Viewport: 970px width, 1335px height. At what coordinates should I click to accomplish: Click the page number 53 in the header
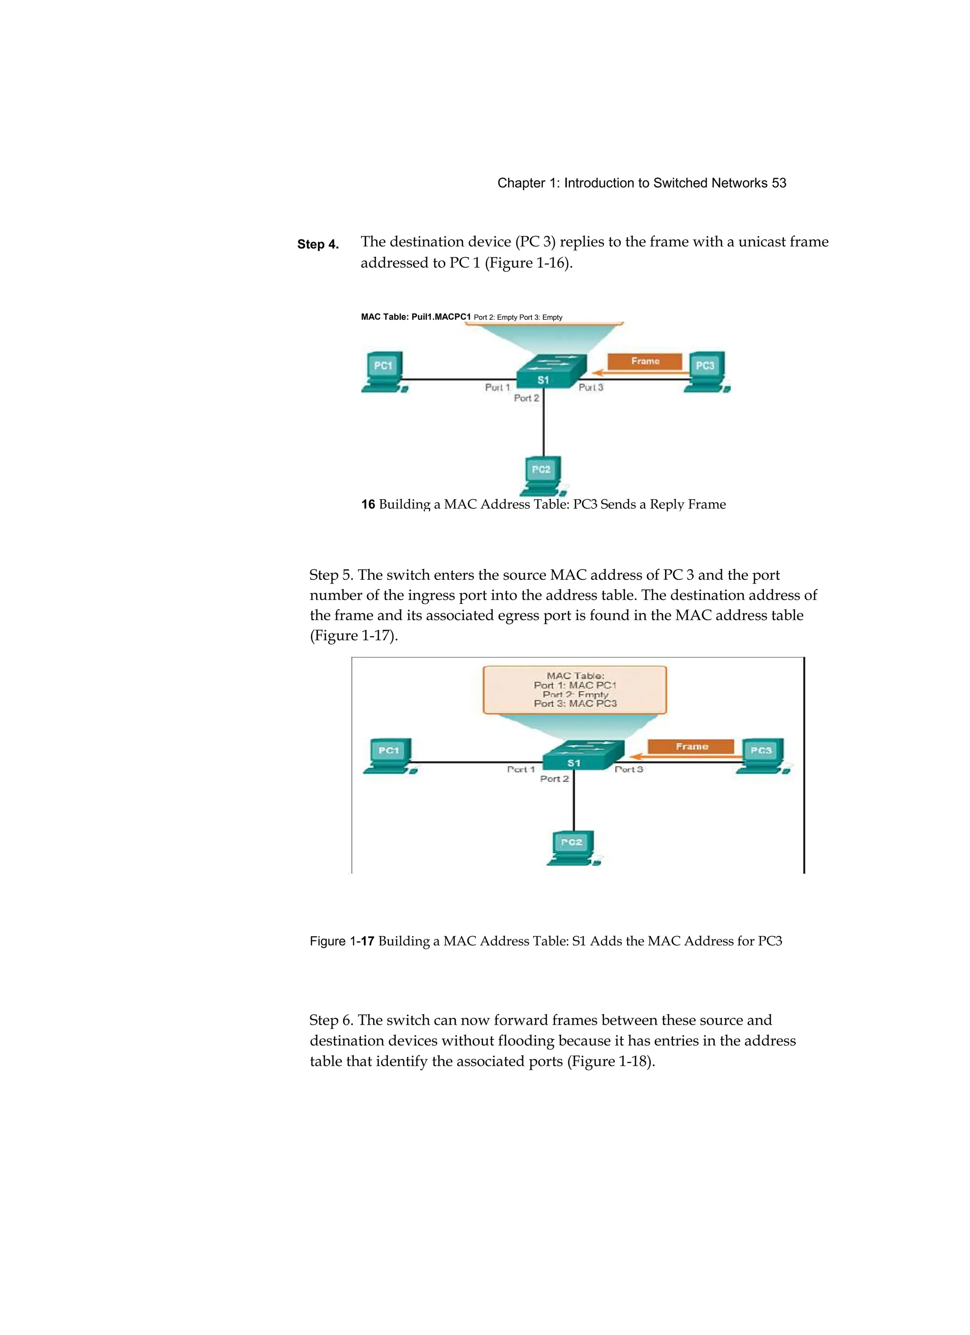coord(779,183)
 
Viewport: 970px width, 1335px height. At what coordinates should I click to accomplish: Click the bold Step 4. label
coord(318,244)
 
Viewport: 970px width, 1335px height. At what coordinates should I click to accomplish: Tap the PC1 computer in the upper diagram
coord(384,372)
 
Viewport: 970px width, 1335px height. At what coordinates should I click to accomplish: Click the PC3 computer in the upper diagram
coord(706,372)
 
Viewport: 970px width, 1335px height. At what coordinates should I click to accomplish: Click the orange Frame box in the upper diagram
coord(645,361)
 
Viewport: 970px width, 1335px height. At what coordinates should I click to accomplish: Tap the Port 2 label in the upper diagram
coord(526,398)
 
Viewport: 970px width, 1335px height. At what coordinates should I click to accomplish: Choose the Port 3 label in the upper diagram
coord(591,388)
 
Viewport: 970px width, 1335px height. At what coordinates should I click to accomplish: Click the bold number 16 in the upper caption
coord(368,505)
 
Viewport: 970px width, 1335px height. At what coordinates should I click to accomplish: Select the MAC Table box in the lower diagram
coord(575,690)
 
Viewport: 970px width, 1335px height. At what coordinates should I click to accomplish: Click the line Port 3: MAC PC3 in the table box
coord(575,704)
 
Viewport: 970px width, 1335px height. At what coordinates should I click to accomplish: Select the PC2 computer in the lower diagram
coord(572,848)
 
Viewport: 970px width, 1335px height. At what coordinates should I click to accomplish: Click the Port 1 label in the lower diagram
coord(521,769)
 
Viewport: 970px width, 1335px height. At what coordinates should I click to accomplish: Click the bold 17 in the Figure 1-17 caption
coord(367,941)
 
